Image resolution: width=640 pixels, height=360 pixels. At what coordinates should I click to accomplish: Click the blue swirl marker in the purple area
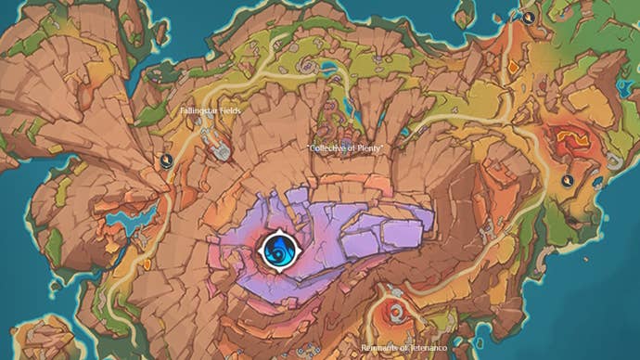pyautogui.click(x=276, y=249)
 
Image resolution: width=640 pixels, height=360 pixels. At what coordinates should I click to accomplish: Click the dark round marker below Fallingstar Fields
pyautogui.click(x=166, y=161)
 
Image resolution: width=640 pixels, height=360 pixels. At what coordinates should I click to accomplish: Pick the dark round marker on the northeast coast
pyautogui.click(x=528, y=17)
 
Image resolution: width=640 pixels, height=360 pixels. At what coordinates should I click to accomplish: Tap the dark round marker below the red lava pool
pyautogui.click(x=567, y=180)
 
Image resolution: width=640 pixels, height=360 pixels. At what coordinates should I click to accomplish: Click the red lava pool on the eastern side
pyautogui.click(x=567, y=142)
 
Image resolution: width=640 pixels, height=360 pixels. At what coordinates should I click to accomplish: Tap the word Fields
pyautogui.click(x=226, y=110)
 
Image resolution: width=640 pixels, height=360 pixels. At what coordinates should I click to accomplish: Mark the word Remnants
pyautogui.click(x=382, y=347)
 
